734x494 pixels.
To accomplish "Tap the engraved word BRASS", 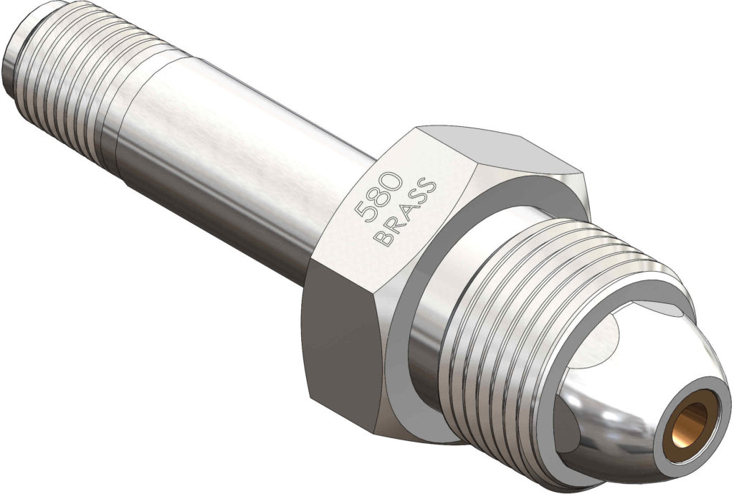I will tap(406, 212).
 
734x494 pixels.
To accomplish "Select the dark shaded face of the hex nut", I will tap(337, 337).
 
